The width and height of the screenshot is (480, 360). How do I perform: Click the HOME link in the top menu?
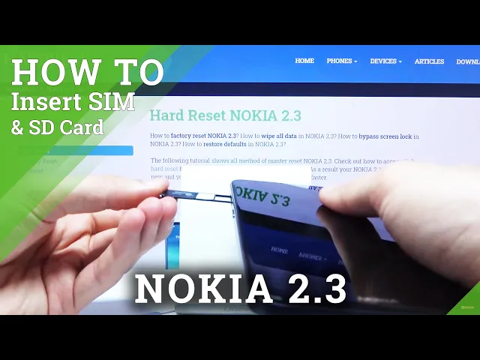304,61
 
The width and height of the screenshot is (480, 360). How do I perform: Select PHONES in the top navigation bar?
341,61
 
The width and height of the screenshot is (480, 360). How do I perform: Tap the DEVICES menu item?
385,61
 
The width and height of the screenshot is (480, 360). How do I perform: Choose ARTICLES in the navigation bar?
429,61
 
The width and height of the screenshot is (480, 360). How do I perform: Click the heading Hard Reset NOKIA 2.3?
225,115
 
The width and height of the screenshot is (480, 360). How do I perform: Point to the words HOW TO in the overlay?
87,73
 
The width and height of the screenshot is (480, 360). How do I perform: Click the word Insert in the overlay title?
48,101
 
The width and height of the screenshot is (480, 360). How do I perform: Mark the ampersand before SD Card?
16,128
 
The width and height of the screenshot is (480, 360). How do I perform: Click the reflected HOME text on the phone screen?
280,250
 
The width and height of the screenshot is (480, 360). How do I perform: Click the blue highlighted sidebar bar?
75,151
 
